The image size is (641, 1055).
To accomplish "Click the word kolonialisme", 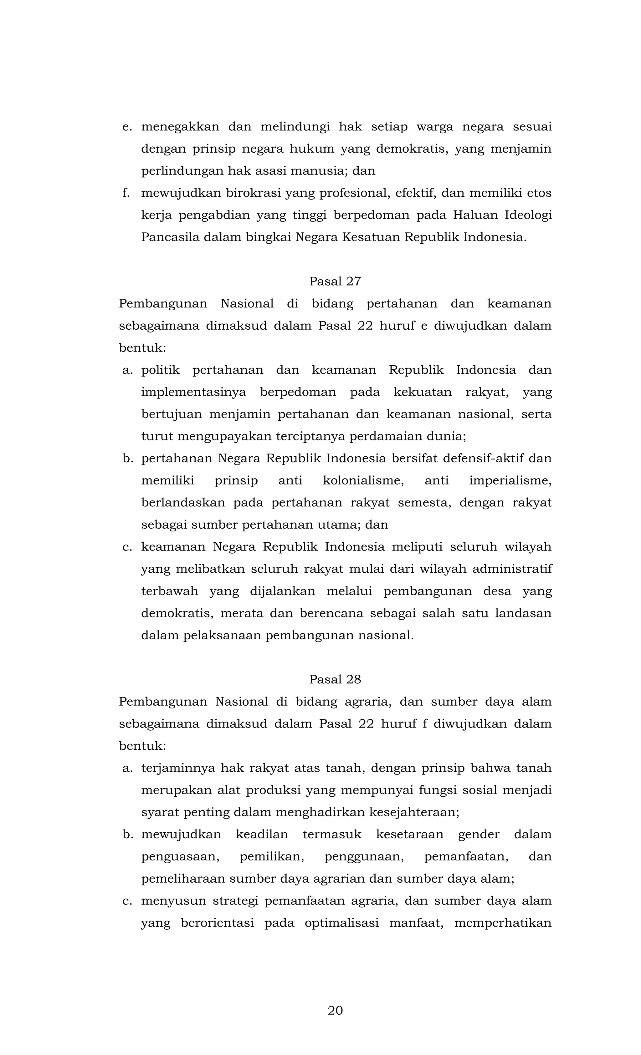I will pyautogui.click(x=363, y=480).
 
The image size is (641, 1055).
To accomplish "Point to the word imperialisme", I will pyautogui.click(x=510, y=480).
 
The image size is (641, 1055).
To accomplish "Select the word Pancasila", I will pyautogui.click(x=170, y=237).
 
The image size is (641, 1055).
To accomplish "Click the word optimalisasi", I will pyautogui.click(x=341, y=922).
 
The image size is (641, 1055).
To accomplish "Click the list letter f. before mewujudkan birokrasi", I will pyautogui.click(x=126, y=193).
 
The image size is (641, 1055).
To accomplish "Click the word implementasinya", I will pyautogui.click(x=194, y=392).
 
